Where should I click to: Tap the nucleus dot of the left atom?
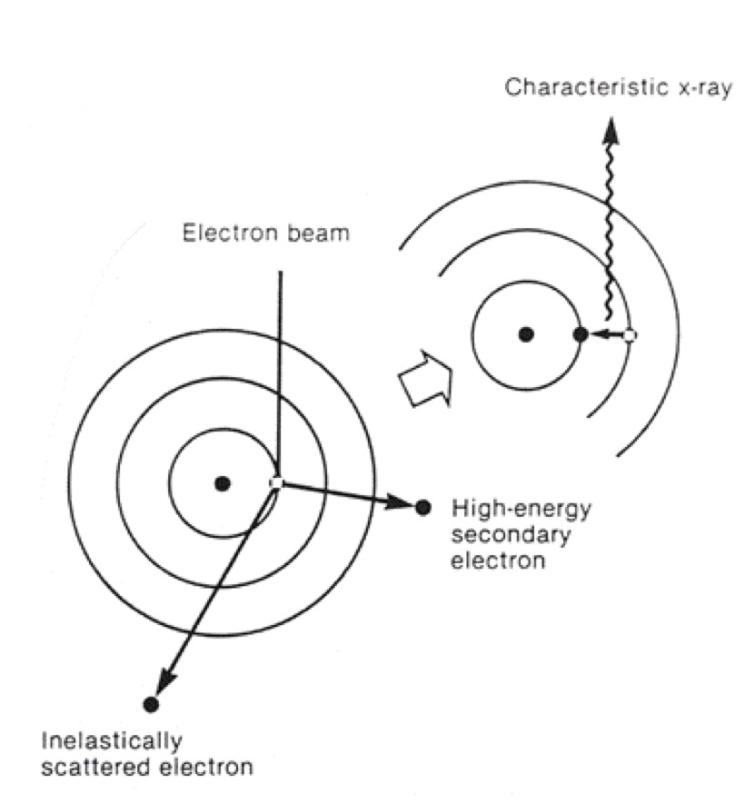tap(222, 483)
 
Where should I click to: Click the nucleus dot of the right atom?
tap(525, 334)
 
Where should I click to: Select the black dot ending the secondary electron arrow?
tap(422, 507)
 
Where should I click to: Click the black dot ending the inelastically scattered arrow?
tap(151, 703)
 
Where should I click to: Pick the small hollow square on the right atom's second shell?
tap(630, 335)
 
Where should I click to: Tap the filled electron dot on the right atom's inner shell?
tap(581, 334)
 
